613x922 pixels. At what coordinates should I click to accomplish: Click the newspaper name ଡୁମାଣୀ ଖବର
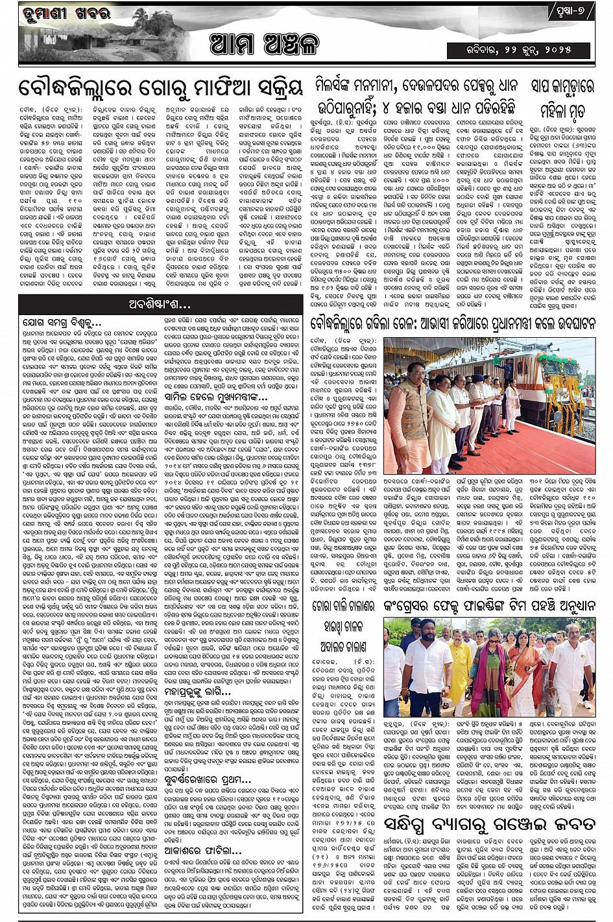tap(57, 14)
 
